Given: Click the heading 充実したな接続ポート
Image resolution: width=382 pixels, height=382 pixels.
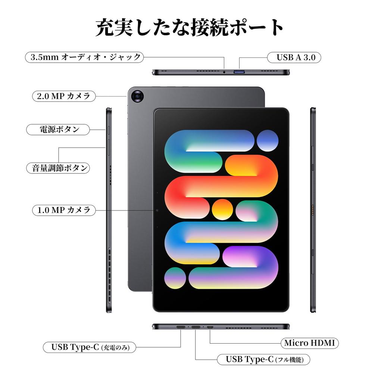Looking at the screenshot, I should tap(190, 28).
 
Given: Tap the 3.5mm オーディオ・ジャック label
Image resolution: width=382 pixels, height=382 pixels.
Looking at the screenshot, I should tap(85, 57).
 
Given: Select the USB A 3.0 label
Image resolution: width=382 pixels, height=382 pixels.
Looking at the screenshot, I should tap(294, 57).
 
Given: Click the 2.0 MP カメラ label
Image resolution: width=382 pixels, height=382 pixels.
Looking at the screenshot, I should tap(63, 96).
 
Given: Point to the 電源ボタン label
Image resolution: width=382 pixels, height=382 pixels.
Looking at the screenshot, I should tap(59, 129).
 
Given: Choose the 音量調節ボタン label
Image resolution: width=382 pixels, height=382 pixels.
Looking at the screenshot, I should tap(59, 168).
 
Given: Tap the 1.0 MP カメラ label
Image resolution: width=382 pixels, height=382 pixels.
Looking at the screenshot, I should tap(63, 210).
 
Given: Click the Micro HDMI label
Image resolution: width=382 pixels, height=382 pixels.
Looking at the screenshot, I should tap(309, 343).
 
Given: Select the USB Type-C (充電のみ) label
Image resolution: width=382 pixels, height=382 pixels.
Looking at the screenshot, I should tap(89, 347).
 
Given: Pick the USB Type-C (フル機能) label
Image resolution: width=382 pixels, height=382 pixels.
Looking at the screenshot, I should tap(263, 360).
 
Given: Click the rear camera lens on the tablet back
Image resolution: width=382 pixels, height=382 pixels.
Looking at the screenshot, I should tap(138, 97).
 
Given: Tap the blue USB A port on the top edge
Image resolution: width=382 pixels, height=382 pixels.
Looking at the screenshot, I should tap(239, 71).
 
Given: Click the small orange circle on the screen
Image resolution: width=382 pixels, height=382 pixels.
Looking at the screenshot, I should tap(222, 209).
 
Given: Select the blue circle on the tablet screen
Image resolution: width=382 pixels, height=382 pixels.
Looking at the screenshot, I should tap(267, 140).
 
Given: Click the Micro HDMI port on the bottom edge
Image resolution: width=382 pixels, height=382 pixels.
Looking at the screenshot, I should tap(210, 327).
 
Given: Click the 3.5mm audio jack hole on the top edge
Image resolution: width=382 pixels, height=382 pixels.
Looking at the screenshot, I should tap(224, 72).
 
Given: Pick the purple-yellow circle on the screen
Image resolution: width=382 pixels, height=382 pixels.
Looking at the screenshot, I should tap(175, 278).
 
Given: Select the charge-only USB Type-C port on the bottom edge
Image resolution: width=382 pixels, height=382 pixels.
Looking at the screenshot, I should tap(181, 327).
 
